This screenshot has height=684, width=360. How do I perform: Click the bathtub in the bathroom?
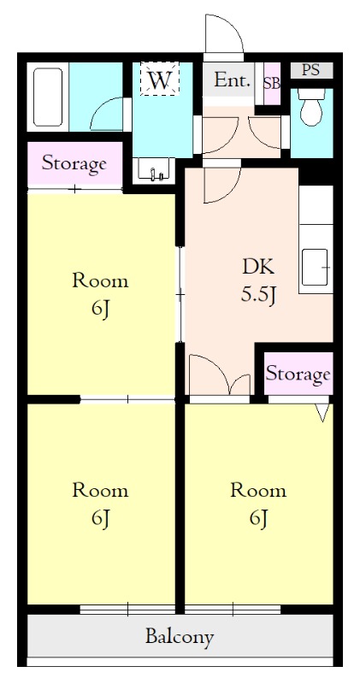[48, 97]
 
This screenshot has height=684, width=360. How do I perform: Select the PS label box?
[311, 70]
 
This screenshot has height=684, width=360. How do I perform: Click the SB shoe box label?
[271, 83]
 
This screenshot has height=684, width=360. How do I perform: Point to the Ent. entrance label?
[233, 80]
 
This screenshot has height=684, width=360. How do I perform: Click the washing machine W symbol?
[159, 79]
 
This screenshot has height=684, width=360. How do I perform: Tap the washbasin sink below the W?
[154, 168]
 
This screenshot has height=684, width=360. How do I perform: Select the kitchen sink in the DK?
[314, 267]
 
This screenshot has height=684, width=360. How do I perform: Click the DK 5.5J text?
[258, 282]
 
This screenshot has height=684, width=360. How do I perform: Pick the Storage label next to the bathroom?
[74, 163]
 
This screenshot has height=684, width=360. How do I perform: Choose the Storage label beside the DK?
[298, 374]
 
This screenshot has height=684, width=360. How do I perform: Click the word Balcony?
[180, 636]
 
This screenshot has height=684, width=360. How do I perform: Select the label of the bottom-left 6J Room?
[100, 504]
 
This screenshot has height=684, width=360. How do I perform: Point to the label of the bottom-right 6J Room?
[258, 504]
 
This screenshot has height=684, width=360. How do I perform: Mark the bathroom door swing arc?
[102, 108]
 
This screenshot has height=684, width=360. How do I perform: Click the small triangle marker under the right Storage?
[323, 412]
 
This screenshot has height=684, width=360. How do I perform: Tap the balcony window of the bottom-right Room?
[233, 609]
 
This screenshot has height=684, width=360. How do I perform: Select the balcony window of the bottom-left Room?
[127, 609]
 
